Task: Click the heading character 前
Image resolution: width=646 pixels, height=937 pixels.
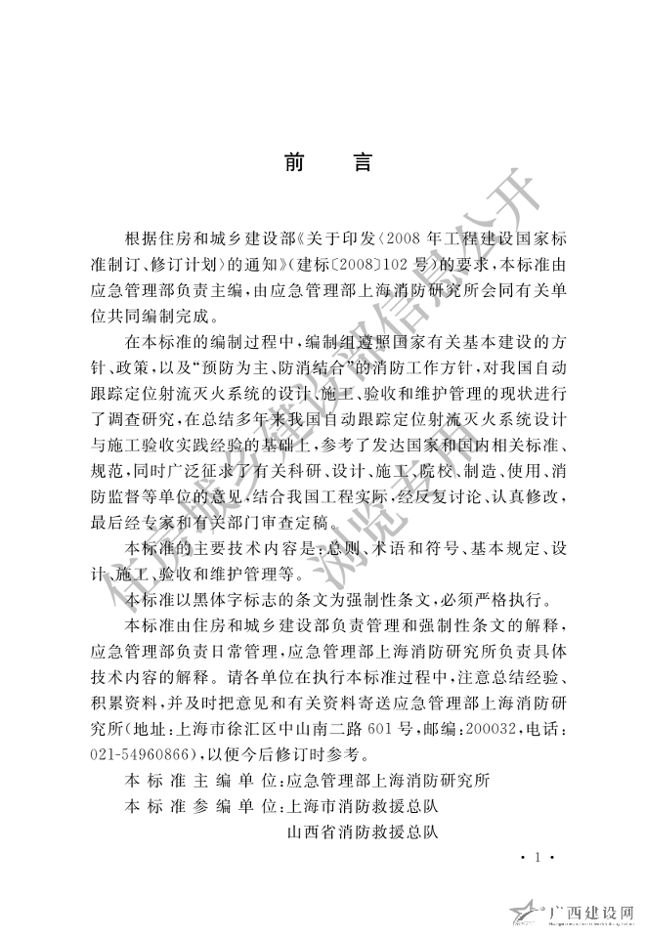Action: [295, 162]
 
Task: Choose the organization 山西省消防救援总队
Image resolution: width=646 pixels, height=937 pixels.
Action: [363, 833]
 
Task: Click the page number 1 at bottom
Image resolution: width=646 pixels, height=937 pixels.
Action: [538, 859]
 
